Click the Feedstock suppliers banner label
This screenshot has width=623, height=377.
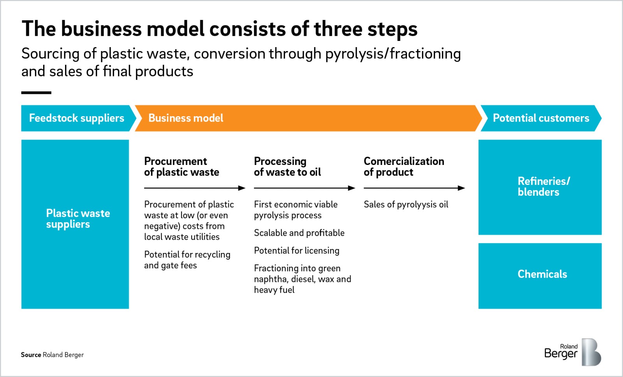(x=76, y=118)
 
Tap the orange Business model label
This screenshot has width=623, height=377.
(x=186, y=118)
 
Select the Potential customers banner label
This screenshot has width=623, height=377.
(x=541, y=118)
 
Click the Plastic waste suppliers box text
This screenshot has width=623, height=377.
(x=78, y=219)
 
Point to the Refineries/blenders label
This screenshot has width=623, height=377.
(x=544, y=186)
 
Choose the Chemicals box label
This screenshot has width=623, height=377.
(x=542, y=274)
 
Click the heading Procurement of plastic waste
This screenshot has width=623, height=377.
(x=181, y=166)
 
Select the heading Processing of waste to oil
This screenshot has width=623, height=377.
(x=287, y=166)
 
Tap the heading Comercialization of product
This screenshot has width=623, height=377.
(x=404, y=166)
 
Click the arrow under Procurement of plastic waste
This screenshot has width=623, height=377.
(x=195, y=188)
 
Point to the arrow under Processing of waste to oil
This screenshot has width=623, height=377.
(x=304, y=188)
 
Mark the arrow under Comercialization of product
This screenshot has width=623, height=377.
(x=414, y=188)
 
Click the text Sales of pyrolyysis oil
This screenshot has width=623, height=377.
(x=406, y=205)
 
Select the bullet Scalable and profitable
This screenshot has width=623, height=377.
(x=299, y=233)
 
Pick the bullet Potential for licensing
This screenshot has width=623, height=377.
(x=297, y=251)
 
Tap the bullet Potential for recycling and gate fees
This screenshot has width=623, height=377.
(x=187, y=260)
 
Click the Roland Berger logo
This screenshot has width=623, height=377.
(x=572, y=352)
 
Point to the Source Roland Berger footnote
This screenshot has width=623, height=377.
(x=52, y=355)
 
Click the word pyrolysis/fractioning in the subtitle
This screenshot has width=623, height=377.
(x=393, y=54)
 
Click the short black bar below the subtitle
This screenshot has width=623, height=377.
(x=36, y=93)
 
